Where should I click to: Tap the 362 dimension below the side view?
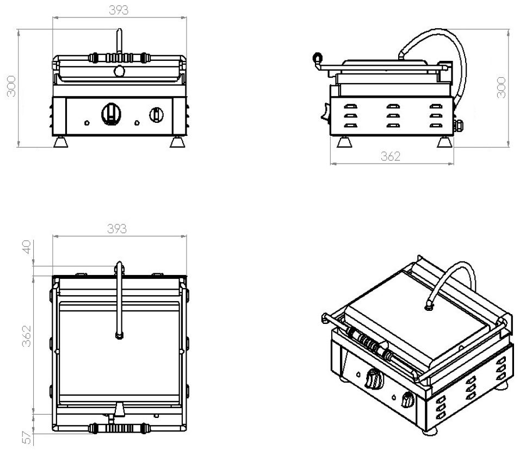pos(390,156)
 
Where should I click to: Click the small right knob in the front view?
pos(156,114)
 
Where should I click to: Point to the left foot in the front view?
pos(61,142)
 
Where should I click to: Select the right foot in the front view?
pos(177,142)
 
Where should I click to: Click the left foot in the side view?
pos(344,142)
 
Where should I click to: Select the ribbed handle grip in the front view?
pos(119,58)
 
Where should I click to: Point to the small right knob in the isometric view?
pos(407,401)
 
